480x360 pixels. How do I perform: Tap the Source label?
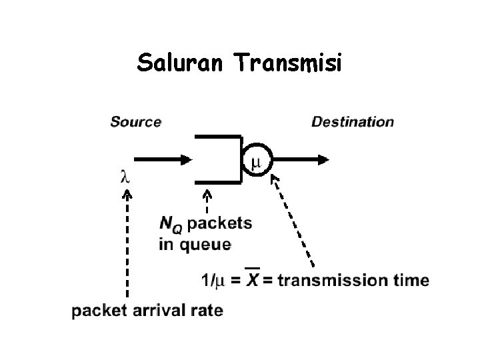pyautogui.click(x=135, y=122)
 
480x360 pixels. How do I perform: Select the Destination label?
pyautogui.click(x=353, y=122)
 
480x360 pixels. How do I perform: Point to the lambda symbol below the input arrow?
pyautogui.click(x=125, y=177)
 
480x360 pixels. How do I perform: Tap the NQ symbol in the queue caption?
pyautogui.click(x=171, y=224)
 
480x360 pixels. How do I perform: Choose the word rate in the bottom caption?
pyautogui.click(x=206, y=311)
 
